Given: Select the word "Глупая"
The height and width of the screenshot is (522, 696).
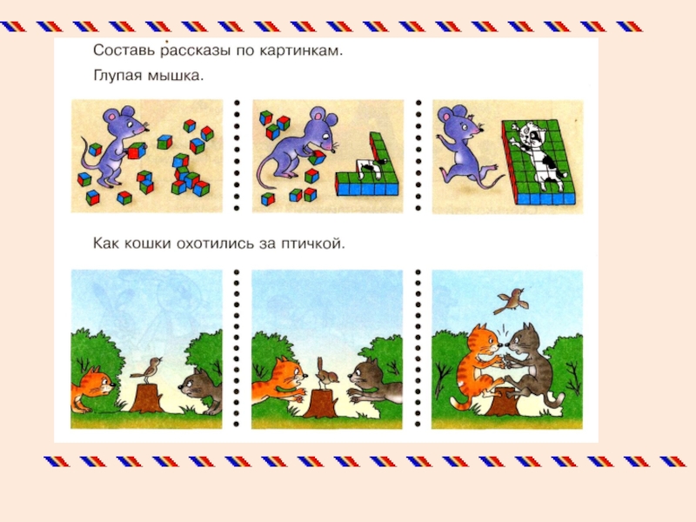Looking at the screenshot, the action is (117, 76).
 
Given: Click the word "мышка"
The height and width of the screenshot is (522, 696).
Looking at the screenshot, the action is (175, 76).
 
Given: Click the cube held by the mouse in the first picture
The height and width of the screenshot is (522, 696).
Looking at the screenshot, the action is (137, 151).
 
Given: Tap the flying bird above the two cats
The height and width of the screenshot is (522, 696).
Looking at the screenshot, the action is (512, 301).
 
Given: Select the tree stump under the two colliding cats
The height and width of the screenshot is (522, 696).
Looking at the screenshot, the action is (505, 402).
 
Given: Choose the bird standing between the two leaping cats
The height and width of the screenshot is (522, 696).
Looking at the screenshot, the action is (326, 372).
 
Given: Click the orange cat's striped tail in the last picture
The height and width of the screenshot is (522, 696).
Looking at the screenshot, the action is (460, 403).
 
